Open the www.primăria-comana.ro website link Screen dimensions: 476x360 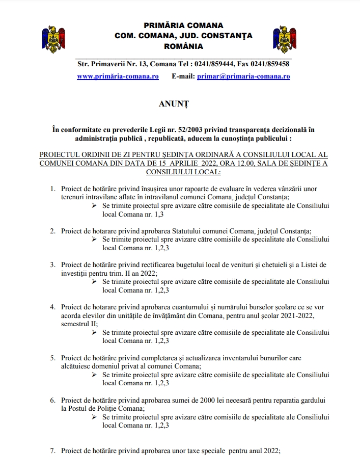[118, 76]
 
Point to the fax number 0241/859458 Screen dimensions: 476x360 [268, 64]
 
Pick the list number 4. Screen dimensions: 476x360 [52, 307]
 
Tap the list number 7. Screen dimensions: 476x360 [52, 451]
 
